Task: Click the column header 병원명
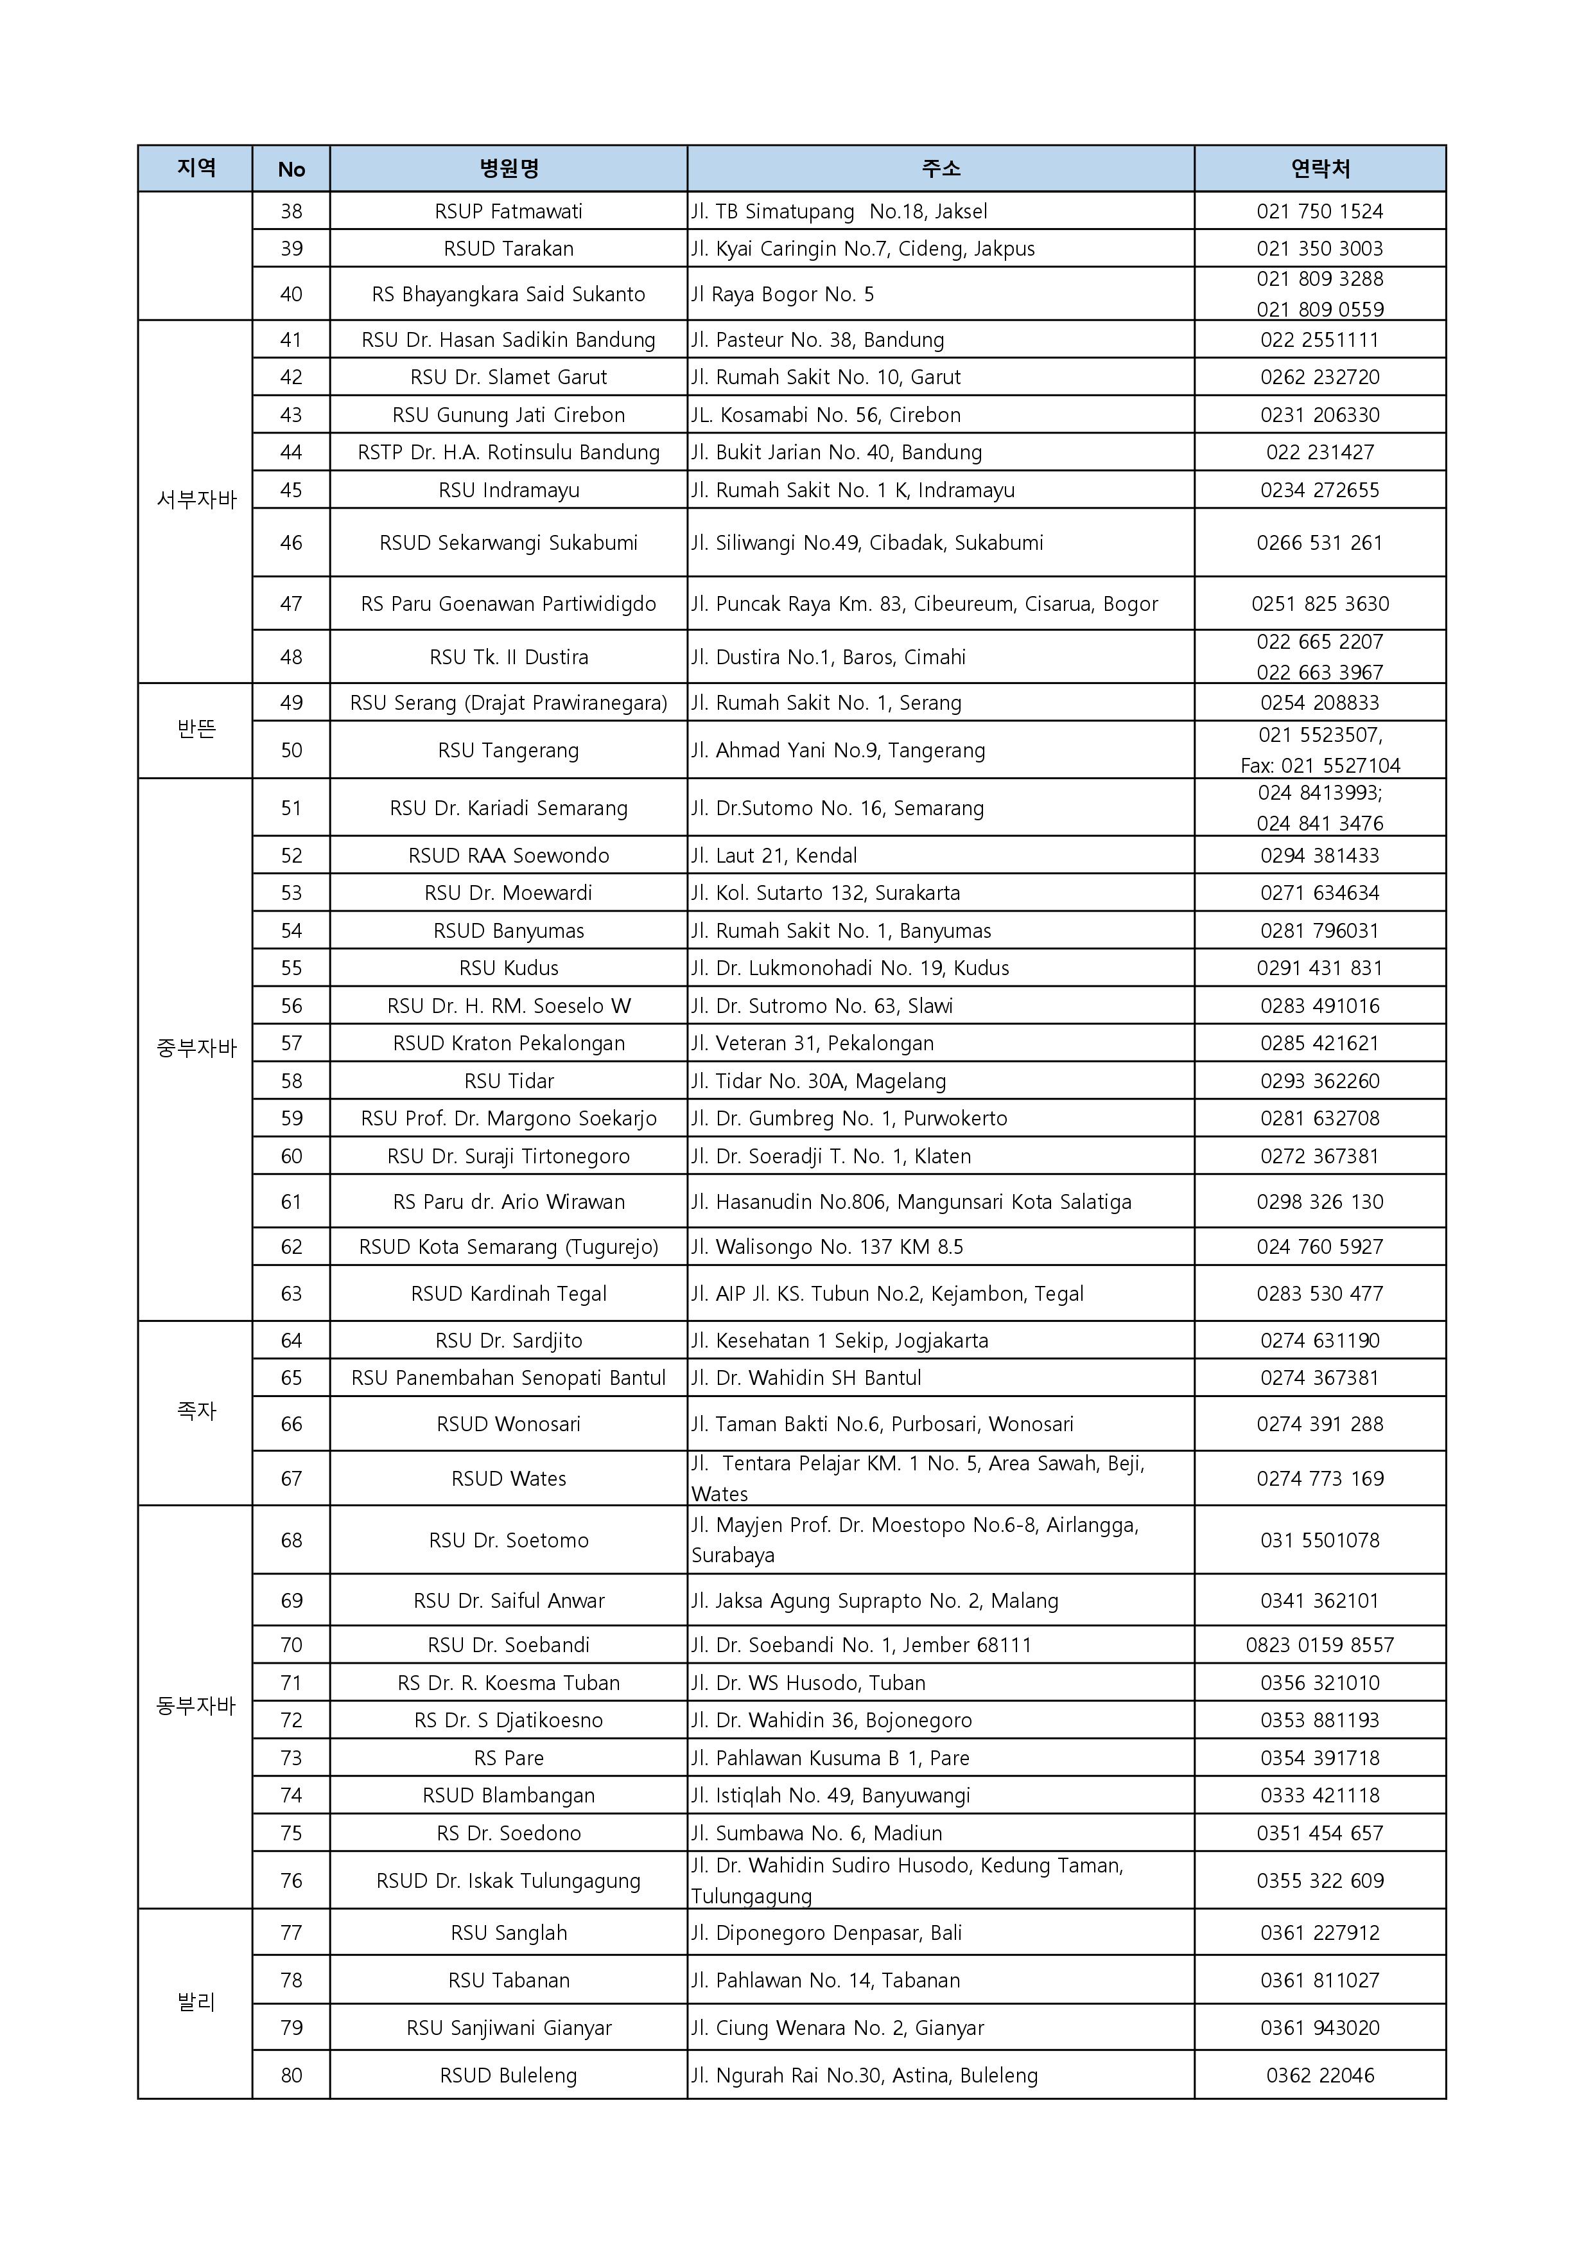[509, 169]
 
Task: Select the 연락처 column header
[1319, 169]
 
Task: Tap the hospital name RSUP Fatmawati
[509, 211]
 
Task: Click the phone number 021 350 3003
[1319, 249]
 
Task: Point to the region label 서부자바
[196, 500]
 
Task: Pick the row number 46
[292, 543]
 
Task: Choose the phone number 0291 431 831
[1319, 968]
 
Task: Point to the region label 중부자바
[196, 1048]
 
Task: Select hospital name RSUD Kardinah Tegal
[509, 1294]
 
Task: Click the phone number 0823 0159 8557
[1319, 1644]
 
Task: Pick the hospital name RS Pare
[509, 1757]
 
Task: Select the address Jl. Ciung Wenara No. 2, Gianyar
[837, 2027]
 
